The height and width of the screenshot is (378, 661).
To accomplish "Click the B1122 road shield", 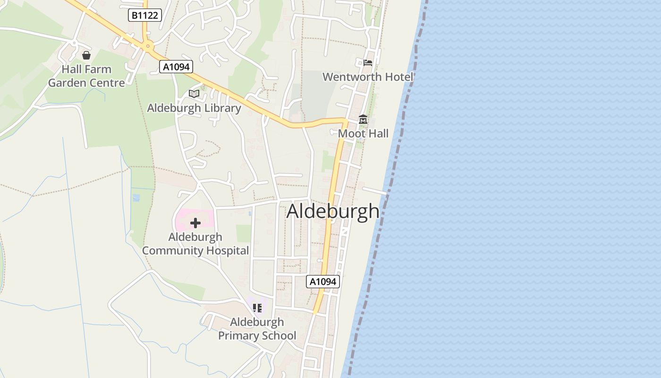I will (145, 16).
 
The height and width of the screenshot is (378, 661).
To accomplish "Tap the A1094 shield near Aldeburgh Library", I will (176, 67).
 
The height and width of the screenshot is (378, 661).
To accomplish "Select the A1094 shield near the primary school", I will (323, 282).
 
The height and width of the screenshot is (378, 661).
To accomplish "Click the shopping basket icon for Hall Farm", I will (86, 56).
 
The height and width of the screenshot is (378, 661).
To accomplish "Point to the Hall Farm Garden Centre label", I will (86, 76).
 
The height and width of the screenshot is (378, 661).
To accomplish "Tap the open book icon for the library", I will (194, 94).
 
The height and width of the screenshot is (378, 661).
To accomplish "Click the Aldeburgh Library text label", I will (194, 108).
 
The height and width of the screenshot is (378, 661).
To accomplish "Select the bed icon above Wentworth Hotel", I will (368, 63).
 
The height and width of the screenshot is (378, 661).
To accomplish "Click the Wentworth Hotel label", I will (368, 77).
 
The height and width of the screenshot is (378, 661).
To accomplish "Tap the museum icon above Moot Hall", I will (363, 120).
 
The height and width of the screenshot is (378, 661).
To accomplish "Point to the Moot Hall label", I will (363, 134).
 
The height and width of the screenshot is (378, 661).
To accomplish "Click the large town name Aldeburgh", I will (333, 211).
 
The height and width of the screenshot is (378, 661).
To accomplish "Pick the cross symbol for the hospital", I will (195, 223).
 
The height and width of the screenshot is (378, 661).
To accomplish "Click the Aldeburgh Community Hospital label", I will (195, 244).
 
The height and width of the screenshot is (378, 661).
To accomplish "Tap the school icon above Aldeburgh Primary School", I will (257, 308).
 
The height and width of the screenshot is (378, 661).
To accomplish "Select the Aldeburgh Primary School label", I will (257, 329).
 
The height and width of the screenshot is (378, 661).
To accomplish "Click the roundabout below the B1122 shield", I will (148, 46).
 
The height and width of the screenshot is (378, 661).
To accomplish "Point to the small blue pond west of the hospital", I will (136, 198).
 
